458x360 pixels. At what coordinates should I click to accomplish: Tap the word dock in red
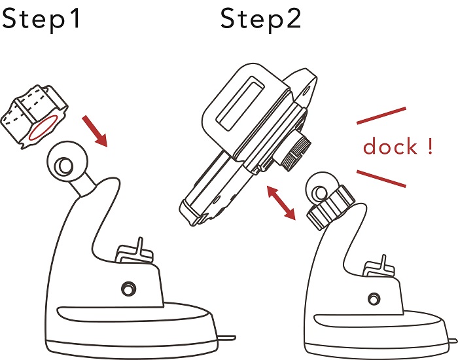(390, 147)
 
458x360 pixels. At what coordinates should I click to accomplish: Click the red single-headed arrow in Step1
(96, 130)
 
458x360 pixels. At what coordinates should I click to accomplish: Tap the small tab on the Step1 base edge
(226, 338)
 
